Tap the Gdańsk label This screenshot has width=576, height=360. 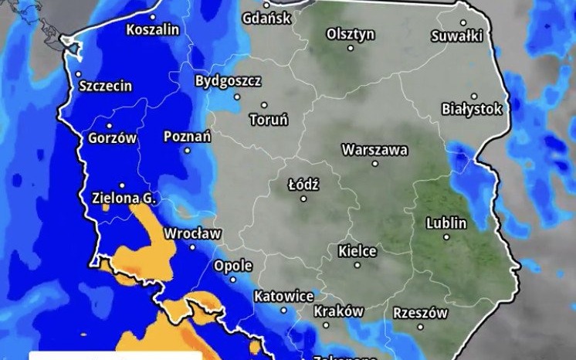coord(266,19)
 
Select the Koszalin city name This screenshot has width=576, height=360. coord(153,30)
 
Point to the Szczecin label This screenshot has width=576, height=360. coord(106,87)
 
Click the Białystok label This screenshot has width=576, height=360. coord(472,109)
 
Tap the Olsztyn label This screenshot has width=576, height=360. coord(351,34)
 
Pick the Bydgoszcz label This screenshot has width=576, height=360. coord(228,80)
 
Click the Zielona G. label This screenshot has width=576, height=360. coord(124,198)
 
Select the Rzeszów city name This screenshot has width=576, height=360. coord(420,313)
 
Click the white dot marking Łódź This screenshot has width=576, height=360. coord(303,199)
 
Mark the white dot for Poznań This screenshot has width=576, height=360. coord(186,151)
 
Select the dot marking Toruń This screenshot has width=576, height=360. coord(264,105)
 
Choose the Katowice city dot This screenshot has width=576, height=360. coord(284,311)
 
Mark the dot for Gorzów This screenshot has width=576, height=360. coord(109,125)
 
